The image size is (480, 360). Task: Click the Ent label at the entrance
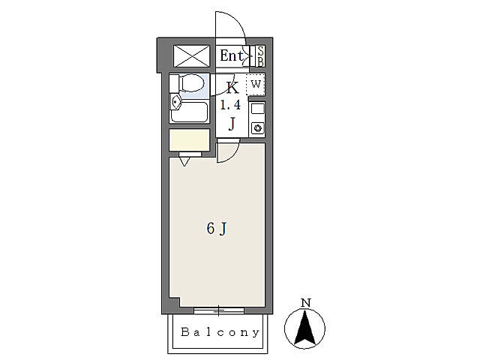click(x=232, y=55)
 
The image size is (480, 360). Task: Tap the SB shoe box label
click(x=260, y=56)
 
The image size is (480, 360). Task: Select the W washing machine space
click(x=256, y=84)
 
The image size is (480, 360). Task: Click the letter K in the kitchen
click(x=232, y=88)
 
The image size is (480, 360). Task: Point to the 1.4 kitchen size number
click(x=231, y=106)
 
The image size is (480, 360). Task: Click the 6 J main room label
click(x=217, y=229)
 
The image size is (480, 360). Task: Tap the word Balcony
click(x=220, y=332)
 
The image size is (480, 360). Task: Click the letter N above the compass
click(x=306, y=303)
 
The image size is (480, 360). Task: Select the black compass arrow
click(x=305, y=327)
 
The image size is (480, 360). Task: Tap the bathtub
click(x=190, y=112)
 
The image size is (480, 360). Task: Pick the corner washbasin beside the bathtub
click(x=175, y=102)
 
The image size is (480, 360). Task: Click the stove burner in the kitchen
click(x=258, y=128)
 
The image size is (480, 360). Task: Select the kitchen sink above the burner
click(x=258, y=109)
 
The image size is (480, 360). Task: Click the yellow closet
click(x=190, y=140)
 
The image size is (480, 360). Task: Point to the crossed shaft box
click(x=192, y=56)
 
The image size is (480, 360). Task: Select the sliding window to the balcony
click(x=219, y=311)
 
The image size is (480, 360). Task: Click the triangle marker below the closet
click(x=184, y=161)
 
